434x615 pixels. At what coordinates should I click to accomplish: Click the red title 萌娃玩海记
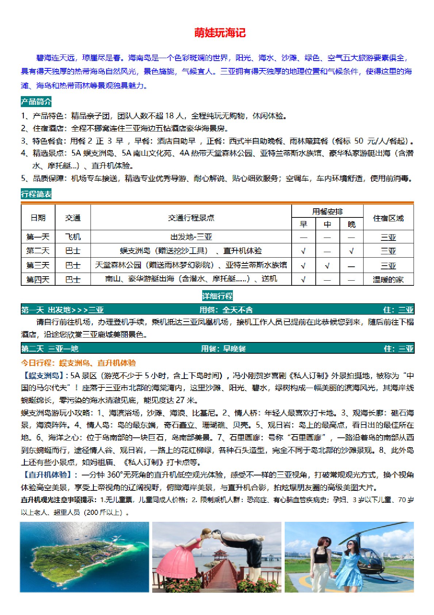tap(220, 33)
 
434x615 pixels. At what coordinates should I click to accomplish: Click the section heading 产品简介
tap(36, 102)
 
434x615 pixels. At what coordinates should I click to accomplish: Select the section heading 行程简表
tap(36, 194)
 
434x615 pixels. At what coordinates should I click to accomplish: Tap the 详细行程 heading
tap(217, 296)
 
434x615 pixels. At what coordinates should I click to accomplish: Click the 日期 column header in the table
tap(38, 218)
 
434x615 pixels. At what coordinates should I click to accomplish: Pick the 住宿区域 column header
tap(388, 218)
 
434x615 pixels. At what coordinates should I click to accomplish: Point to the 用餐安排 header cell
tap(327, 212)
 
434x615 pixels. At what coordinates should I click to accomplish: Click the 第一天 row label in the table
tap(38, 237)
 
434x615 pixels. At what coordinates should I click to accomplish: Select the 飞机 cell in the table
tap(73, 237)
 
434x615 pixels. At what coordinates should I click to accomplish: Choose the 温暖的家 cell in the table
tap(388, 280)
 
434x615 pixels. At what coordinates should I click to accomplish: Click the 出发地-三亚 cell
tap(191, 237)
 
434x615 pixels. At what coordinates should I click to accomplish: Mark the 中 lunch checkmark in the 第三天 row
tap(327, 266)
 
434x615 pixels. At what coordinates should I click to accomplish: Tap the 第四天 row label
tap(38, 280)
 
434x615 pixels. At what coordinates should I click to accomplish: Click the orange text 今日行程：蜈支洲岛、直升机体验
tap(78, 363)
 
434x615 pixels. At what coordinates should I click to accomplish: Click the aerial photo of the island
tap(84, 557)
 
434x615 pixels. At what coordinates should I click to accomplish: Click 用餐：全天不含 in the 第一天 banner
tap(226, 310)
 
